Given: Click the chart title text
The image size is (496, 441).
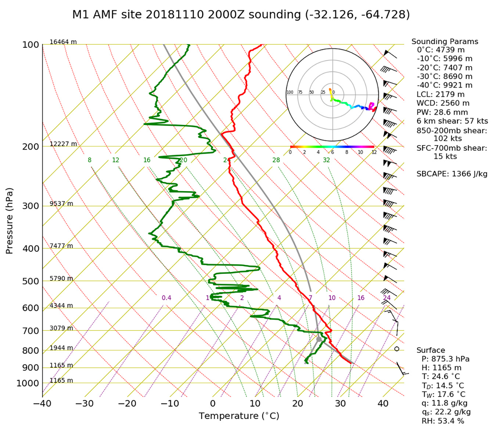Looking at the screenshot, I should click(241, 15).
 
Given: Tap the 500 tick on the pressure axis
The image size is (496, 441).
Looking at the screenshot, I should click(30, 282).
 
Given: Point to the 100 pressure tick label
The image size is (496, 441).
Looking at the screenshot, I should click(30, 45).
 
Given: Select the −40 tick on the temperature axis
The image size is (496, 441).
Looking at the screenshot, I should click(42, 404).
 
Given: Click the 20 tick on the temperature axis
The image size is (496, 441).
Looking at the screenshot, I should click(298, 404).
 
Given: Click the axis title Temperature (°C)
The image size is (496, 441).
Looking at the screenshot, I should click(239, 416).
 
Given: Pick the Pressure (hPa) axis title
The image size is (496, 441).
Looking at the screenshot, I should click(10, 221).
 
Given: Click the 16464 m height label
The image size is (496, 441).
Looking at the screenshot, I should click(63, 42).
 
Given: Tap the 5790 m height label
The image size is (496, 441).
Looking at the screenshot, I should click(61, 279).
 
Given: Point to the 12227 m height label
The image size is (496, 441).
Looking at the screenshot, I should click(63, 144).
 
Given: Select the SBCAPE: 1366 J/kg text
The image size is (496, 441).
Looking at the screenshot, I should click(452, 174).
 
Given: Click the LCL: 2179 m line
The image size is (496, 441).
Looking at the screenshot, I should click(440, 94).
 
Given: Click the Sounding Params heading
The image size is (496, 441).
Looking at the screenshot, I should click(445, 42).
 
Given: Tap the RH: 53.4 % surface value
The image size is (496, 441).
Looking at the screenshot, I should click(442, 421).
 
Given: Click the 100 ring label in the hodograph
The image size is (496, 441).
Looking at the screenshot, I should click(290, 92).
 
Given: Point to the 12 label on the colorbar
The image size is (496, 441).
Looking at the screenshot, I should click(374, 152).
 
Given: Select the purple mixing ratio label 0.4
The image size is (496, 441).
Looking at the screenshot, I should click(166, 298).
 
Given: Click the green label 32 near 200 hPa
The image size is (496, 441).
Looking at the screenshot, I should click(326, 160).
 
